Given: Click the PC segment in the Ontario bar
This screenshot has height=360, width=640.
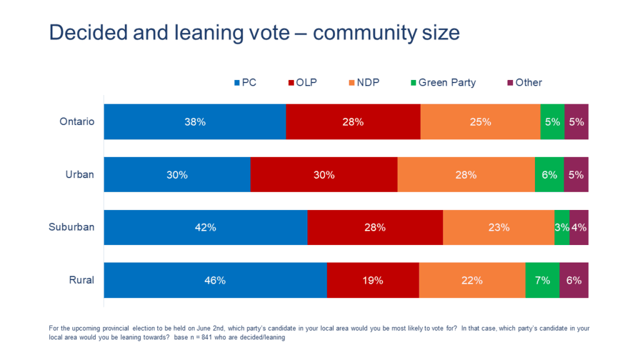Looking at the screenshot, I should point(194,122).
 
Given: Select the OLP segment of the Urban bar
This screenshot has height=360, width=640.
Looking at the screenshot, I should point(324,175).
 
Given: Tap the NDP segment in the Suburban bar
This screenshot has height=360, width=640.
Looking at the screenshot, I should point(498,227).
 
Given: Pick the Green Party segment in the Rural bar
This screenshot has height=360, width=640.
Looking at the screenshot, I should point(542,281).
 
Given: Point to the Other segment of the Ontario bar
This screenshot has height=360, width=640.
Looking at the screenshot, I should point(576,122).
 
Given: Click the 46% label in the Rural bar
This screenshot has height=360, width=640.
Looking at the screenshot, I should point(214,281).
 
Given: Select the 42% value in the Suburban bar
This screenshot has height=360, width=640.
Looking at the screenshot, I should point(205,227).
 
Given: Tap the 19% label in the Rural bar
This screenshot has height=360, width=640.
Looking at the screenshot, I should point(372,281).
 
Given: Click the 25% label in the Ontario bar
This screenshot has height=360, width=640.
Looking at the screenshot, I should point(481,122).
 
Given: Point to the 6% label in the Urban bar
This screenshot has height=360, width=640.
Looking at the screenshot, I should point(549,175).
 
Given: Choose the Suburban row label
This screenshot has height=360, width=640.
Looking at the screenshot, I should point(71,227).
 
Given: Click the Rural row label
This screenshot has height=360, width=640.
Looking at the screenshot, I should point(81,280).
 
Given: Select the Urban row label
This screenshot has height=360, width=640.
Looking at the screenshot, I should point(79,174).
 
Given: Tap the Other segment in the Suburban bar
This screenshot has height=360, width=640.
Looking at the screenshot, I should point(579,227).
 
